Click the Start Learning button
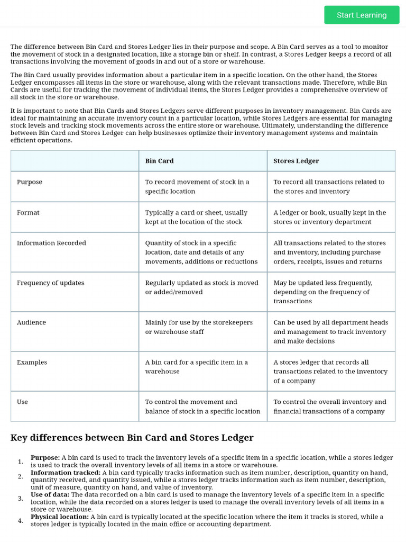362,15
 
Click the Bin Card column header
159,161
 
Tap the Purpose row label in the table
30,182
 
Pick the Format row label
28,213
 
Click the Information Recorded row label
51,243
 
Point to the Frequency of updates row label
50,283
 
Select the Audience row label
31,322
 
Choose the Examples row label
32,363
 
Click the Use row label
22,402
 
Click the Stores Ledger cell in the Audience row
330,332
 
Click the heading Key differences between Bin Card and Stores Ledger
132,438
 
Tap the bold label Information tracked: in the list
66,473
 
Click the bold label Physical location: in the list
60,517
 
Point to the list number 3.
21,499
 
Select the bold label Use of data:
50,494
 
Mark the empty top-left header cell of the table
75,161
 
